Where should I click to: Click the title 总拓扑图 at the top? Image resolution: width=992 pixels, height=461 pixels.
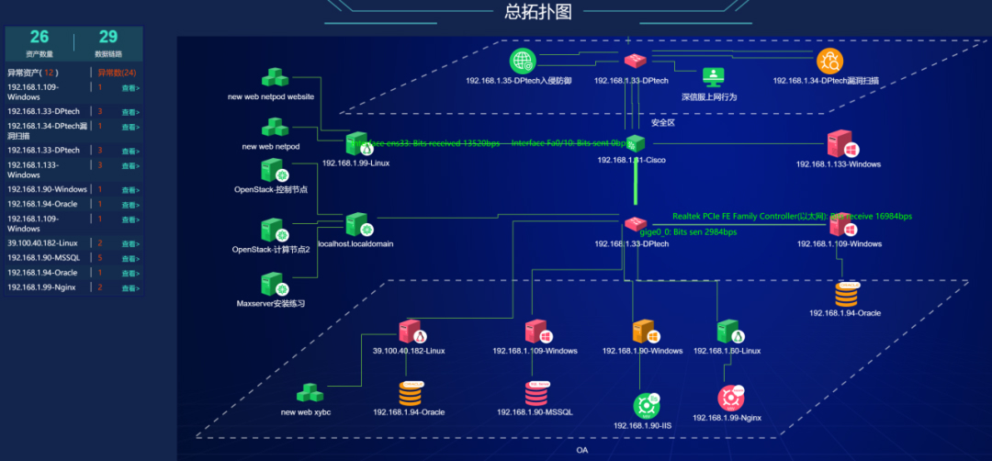(538, 12)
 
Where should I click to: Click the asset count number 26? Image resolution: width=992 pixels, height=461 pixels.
(39, 37)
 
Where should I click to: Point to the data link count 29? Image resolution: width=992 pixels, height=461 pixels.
(108, 37)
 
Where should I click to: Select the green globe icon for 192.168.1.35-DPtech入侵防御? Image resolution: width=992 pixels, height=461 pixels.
(523, 62)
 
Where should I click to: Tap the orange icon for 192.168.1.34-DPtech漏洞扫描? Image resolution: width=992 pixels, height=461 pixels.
(829, 62)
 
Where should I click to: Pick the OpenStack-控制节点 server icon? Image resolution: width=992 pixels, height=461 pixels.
(272, 172)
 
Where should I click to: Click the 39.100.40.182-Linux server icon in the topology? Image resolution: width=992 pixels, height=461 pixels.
(411, 332)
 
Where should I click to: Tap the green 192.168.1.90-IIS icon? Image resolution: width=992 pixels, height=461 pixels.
(646, 405)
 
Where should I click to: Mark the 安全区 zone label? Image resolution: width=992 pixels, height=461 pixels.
(662, 122)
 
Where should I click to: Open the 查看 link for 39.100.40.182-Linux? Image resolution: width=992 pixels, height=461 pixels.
(130, 243)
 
